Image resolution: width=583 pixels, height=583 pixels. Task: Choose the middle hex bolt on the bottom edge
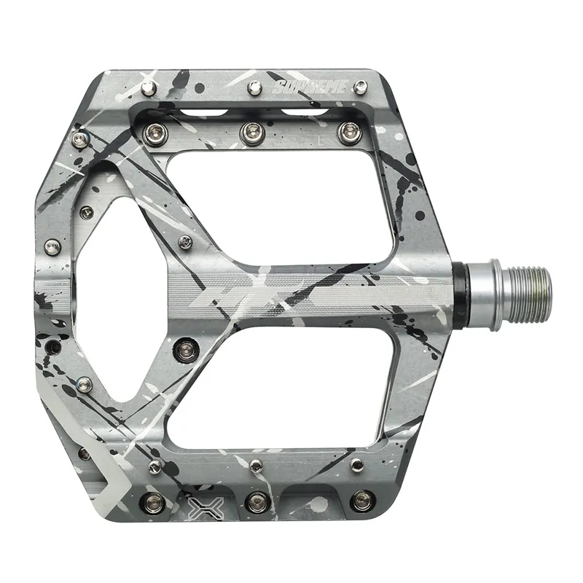pyautogui.click(x=257, y=501)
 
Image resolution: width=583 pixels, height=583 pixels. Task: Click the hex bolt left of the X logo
pyautogui.click(x=154, y=501)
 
